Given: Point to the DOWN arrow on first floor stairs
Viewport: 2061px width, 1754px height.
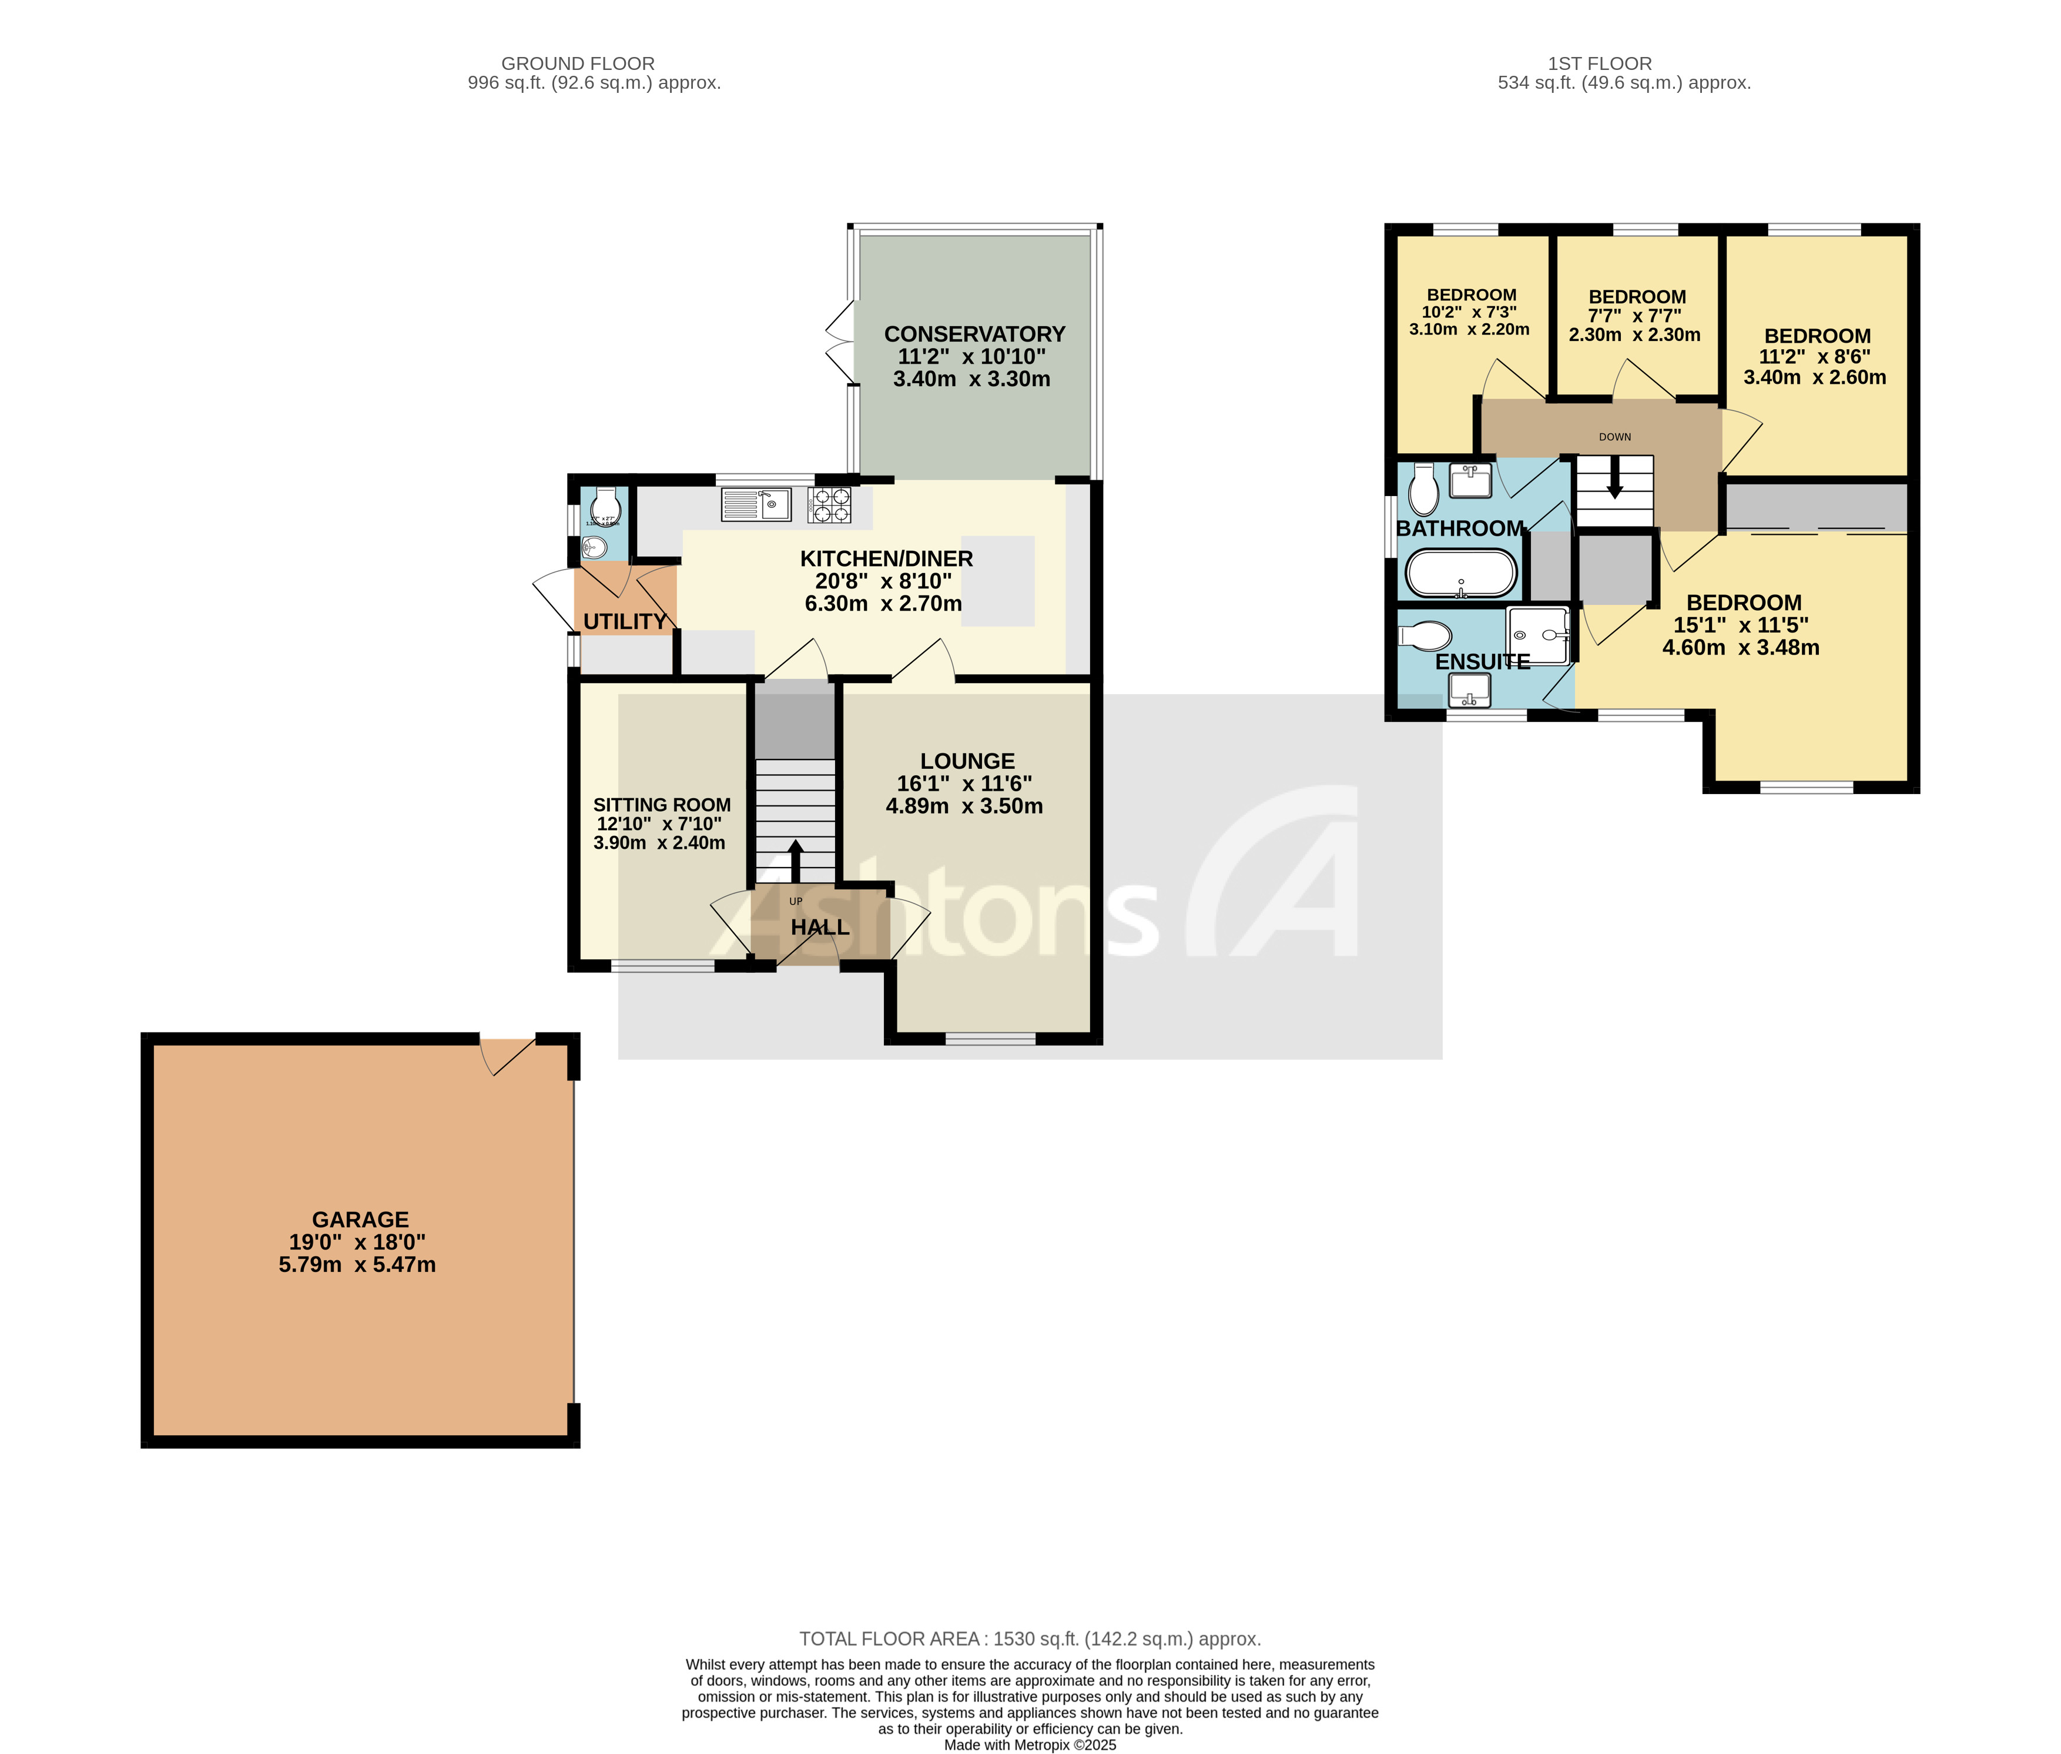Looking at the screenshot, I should click(x=1614, y=477).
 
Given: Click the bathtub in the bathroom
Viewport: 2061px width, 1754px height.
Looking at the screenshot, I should click(x=1459, y=573).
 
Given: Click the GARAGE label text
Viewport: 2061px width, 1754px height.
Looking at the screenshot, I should click(x=360, y=1219).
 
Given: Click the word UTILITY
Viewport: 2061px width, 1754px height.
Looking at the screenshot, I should click(x=624, y=621).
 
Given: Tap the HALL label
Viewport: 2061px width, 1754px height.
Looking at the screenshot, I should click(x=819, y=927).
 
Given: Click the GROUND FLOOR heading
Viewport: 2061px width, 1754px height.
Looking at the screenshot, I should click(x=578, y=63).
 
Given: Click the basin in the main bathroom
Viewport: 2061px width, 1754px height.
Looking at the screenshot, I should click(x=1469, y=481).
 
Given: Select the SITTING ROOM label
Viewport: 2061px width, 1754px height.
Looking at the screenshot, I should click(x=661, y=805).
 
